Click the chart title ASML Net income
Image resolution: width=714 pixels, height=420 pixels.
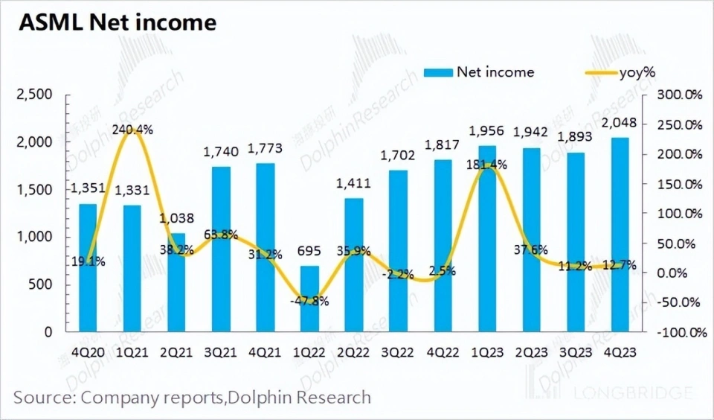click(x=117, y=22)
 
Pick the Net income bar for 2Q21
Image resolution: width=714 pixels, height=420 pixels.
click(x=176, y=281)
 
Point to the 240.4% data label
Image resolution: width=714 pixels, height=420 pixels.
click(x=134, y=129)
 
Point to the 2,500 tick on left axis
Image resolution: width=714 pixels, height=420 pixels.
click(x=33, y=95)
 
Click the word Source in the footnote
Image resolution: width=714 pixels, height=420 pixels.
click(x=40, y=397)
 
